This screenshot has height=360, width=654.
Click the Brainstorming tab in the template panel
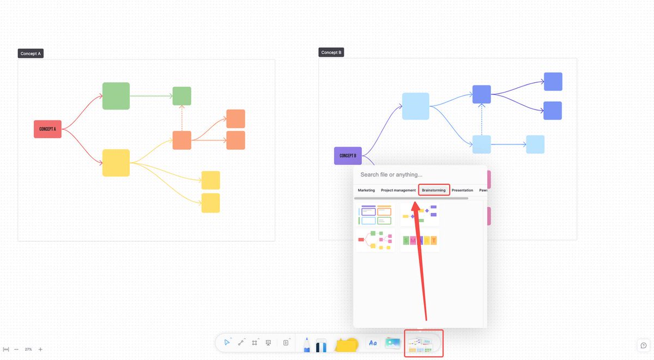434,190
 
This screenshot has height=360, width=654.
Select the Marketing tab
366,190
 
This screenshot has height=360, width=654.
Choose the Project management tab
398,190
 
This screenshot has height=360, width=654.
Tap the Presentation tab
462,190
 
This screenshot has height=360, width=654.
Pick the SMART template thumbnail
420,240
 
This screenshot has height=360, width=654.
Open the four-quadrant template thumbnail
376,215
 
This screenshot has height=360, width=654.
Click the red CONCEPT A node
47,129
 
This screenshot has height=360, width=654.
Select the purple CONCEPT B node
348,156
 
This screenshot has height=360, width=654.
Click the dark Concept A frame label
31,53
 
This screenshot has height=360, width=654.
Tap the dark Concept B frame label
331,52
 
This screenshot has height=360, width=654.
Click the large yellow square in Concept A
116,163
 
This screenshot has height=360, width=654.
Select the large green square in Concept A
116,96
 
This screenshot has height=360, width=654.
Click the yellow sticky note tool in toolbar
347,344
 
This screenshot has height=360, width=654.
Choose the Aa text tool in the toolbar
373,343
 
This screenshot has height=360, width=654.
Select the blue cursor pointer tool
227,343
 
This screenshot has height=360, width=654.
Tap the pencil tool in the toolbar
306,344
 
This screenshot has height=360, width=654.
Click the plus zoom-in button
40,349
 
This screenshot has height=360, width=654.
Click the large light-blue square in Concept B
415,106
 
